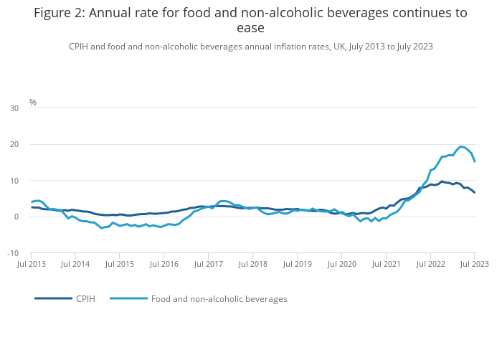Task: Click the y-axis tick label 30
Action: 14,108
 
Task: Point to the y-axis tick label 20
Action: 14,144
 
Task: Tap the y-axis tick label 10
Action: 14,181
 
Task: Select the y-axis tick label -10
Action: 14,253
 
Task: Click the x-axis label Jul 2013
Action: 32,265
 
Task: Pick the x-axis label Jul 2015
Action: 120,265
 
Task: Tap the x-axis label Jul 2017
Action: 209,265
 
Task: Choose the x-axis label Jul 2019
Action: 298,265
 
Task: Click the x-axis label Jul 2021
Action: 386,265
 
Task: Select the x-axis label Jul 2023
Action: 475,265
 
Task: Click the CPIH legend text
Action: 85,298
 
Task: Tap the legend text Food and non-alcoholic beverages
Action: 219,298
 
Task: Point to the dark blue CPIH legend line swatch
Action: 53,298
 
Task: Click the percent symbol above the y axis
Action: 32,103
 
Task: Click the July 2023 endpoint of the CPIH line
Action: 475,192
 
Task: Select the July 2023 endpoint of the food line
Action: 475,161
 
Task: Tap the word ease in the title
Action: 250,28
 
